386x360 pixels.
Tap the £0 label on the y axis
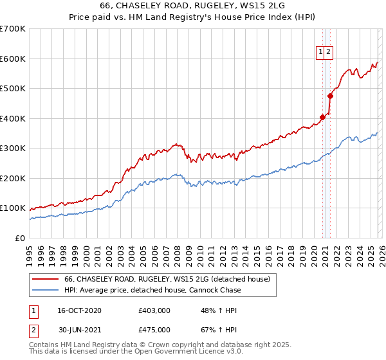(21, 238)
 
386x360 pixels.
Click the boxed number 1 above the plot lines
(320, 53)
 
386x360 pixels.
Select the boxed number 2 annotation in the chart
(328, 53)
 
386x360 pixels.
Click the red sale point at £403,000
(322, 118)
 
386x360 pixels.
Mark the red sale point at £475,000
(331, 96)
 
